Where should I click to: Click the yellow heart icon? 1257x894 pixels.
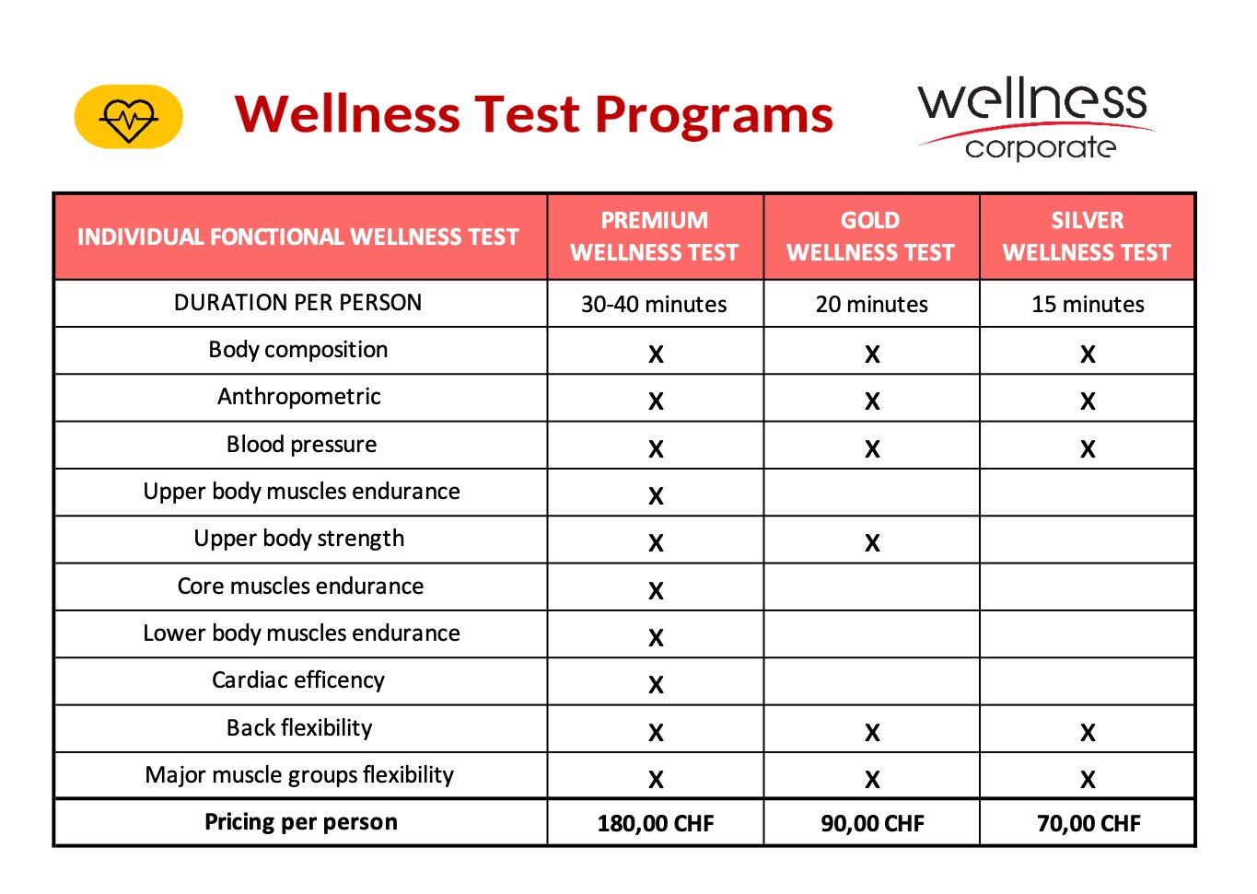click(x=128, y=117)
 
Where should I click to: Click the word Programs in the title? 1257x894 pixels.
click(x=714, y=116)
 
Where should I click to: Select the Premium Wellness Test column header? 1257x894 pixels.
click(x=655, y=237)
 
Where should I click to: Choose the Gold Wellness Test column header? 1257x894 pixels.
click(x=870, y=237)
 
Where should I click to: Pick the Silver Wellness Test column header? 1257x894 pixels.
click(x=1087, y=237)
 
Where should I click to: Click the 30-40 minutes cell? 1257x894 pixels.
click(x=654, y=305)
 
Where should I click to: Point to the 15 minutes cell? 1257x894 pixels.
click(x=1088, y=305)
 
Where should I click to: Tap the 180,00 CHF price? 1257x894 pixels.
click(x=656, y=823)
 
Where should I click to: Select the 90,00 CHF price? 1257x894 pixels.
click(x=872, y=823)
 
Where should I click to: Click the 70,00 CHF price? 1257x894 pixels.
click(x=1088, y=823)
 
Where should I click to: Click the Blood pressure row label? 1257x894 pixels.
click(x=301, y=445)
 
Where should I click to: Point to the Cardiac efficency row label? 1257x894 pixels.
click(x=298, y=680)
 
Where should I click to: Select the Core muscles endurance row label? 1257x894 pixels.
click(x=300, y=586)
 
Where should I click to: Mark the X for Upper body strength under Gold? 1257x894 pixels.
click(x=872, y=543)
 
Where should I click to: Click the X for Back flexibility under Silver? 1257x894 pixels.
click(x=1088, y=733)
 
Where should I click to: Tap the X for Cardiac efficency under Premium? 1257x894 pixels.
click(x=656, y=685)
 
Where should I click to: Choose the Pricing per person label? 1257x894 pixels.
click(x=301, y=822)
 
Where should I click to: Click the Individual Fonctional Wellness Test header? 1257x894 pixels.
click(x=298, y=238)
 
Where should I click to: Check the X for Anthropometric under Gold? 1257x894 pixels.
click(x=872, y=401)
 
